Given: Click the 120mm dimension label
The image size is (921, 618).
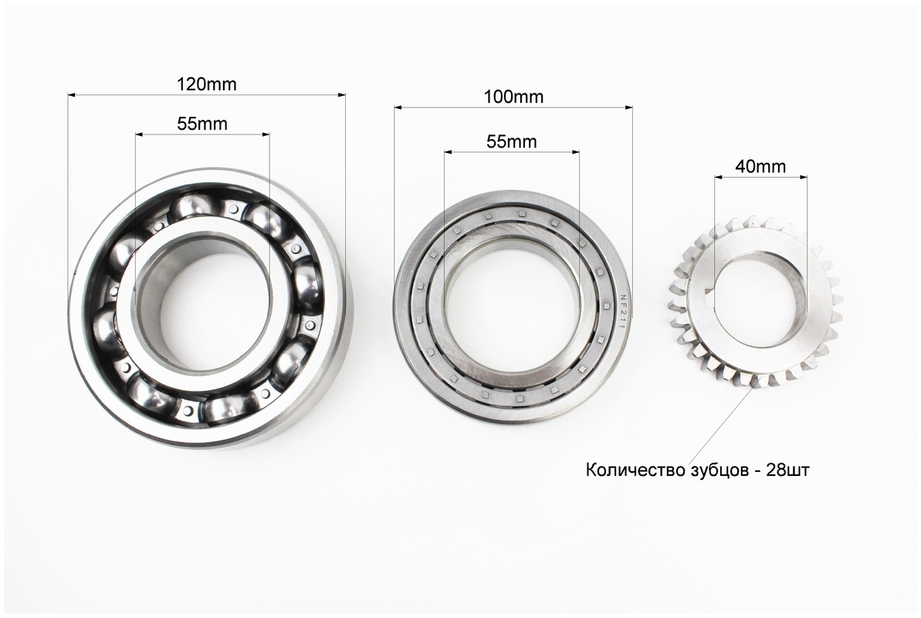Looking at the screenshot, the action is tap(207, 84).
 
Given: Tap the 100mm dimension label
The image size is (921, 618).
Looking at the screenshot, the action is tap(513, 97).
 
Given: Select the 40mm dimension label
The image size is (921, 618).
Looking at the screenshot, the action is tap(760, 166).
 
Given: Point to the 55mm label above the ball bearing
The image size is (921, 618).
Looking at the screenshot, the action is tap(202, 124).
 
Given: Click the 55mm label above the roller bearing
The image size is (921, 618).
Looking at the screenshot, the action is tap(512, 141).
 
